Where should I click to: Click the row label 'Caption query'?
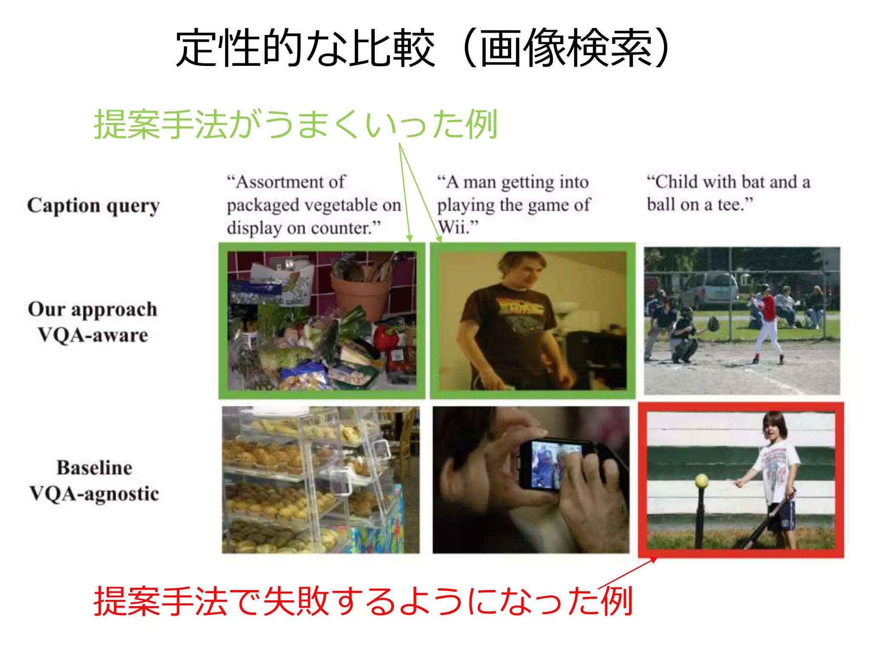(x=94, y=206)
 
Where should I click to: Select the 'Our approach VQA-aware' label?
(x=93, y=322)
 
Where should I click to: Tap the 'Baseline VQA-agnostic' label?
(x=94, y=480)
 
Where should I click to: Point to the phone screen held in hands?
(x=553, y=464)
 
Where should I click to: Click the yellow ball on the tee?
(x=701, y=481)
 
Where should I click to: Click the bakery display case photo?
(x=320, y=480)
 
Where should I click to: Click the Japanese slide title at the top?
(x=423, y=48)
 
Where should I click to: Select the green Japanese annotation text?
(x=296, y=124)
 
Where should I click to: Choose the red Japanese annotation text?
(x=363, y=601)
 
